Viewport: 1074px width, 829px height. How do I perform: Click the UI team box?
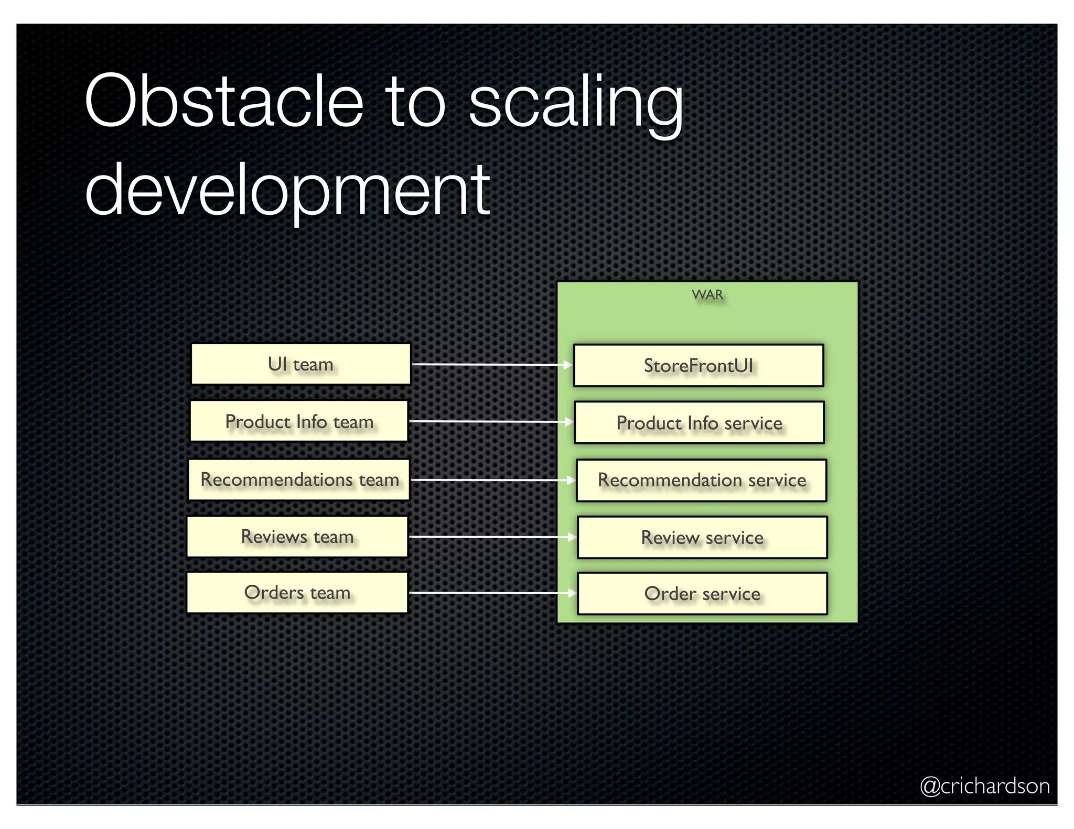click(300, 364)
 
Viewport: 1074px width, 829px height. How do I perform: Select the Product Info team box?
click(299, 421)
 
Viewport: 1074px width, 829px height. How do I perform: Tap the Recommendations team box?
click(299, 479)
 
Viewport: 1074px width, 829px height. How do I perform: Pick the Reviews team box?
click(297, 537)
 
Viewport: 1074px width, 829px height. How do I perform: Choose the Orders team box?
click(297, 593)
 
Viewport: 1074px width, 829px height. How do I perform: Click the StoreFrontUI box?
click(699, 366)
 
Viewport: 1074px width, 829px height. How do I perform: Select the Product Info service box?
click(699, 423)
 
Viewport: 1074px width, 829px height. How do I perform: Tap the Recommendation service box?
click(702, 480)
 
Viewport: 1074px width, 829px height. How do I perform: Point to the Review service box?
click(702, 538)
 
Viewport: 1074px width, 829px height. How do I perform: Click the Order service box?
click(702, 594)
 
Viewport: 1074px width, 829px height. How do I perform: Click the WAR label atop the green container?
click(707, 294)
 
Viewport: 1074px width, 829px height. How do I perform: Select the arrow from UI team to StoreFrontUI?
click(491, 364)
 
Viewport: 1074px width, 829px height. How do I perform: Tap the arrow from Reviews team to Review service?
click(492, 537)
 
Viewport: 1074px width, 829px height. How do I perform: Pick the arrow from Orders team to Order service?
click(492, 593)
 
